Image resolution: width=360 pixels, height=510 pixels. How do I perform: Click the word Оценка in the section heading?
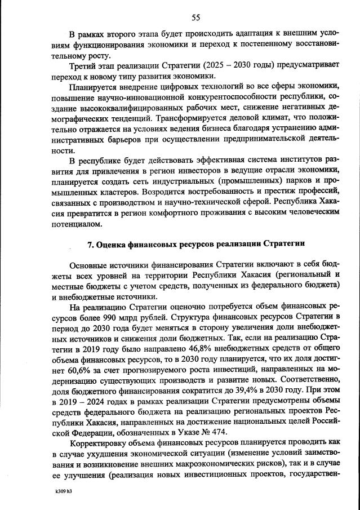click(117, 244)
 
